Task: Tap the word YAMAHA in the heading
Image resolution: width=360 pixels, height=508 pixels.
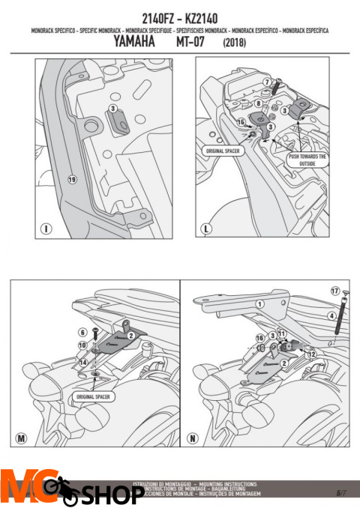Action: point(135,43)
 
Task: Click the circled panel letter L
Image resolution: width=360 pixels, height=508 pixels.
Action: point(205,228)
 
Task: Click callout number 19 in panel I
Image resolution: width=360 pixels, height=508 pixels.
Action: point(72,180)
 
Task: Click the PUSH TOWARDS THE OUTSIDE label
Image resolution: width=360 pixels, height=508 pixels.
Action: point(308,159)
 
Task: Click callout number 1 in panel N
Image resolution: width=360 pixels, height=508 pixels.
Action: point(260,304)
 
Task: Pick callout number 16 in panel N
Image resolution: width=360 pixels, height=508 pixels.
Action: point(259,338)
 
